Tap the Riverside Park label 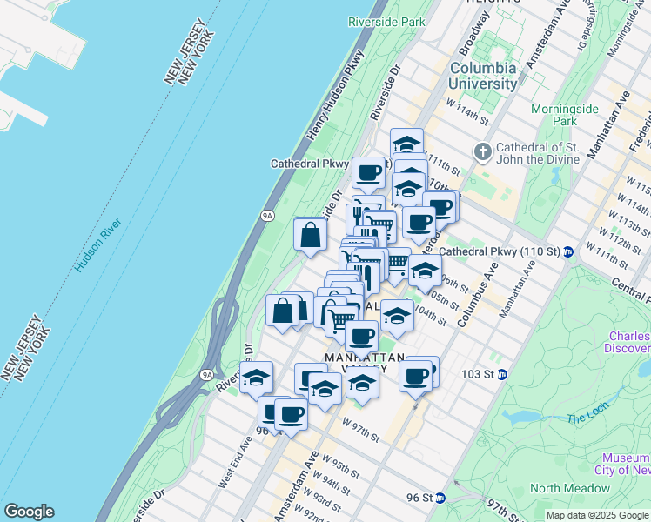(385, 21)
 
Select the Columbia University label (483, 76)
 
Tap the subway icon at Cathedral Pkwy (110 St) (568, 252)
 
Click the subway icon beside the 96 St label (441, 498)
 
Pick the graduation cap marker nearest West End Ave (256, 379)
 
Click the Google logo (29, 512)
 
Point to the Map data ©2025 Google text (597, 515)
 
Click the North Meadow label (570, 488)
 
